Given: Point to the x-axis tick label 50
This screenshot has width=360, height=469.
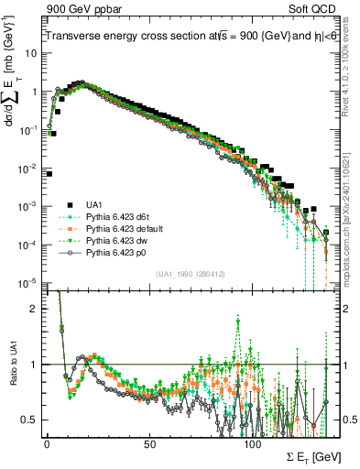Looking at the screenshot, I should point(150,442).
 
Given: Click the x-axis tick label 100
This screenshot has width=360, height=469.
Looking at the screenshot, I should point(254,442).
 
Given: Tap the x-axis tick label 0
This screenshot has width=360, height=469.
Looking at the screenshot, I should point(47,442).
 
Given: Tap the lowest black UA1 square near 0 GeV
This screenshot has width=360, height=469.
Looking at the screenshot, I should point(49,173).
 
